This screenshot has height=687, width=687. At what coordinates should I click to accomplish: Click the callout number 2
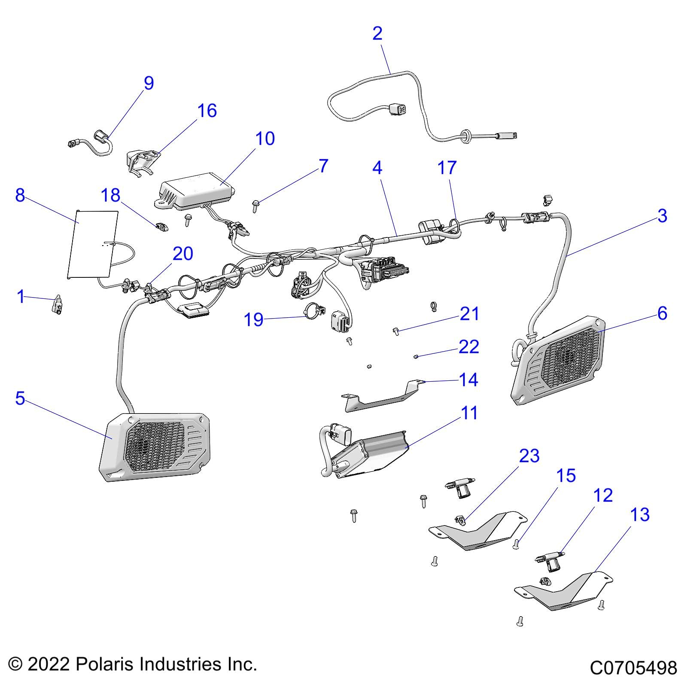377,33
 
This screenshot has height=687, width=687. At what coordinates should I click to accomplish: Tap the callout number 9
149,83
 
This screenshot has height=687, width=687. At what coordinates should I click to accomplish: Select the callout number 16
207,111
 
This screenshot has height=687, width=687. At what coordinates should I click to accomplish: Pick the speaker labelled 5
155,447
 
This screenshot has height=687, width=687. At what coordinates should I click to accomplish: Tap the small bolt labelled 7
255,207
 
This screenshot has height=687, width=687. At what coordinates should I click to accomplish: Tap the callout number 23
529,456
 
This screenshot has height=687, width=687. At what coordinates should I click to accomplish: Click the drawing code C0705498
633,668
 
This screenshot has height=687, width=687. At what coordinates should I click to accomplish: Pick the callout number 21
469,314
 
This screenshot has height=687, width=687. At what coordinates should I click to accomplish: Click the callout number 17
447,168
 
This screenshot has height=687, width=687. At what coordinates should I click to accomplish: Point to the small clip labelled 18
162,227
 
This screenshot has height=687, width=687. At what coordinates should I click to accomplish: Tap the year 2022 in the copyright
49,664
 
